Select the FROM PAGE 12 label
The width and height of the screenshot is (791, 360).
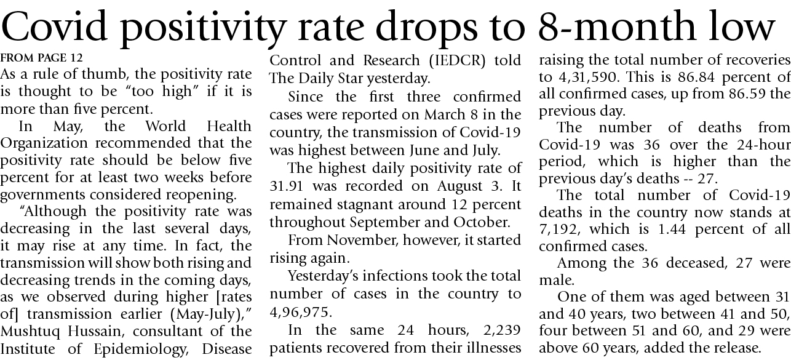click(x=41, y=58)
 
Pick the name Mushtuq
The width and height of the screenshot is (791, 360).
click(x=30, y=332)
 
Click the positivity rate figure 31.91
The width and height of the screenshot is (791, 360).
click(x=288, y=185)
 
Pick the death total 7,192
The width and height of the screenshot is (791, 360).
click(x=562, y=230)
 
